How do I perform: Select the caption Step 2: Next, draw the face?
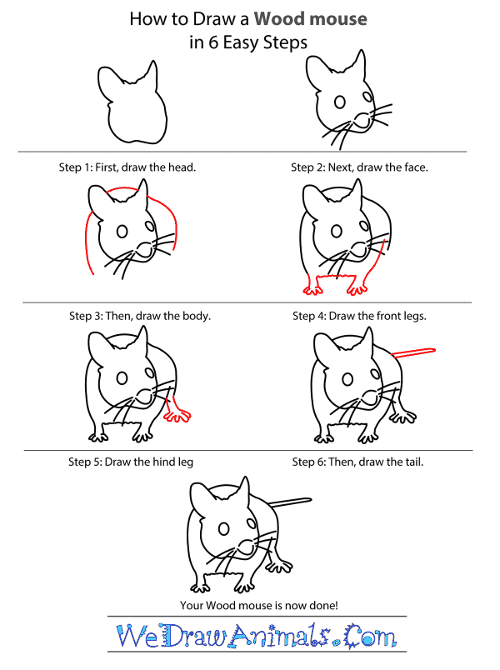click(359, 167)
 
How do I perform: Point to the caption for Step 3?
click(140, 317)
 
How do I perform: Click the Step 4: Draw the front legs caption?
click(359, 317)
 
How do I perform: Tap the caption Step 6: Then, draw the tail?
click(359, 462)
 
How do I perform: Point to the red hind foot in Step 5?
click(178, 412)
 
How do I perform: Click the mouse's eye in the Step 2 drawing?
click(339, 102)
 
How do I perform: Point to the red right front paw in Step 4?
click(357, 288)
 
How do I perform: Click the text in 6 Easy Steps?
click(250, 43)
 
